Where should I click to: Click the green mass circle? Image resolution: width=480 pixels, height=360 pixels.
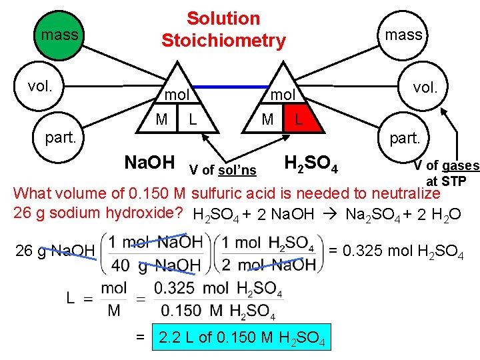[59, 34]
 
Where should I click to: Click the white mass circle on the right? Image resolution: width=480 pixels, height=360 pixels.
[403, 35]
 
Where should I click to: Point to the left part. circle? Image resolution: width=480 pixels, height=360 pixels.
[61, 138]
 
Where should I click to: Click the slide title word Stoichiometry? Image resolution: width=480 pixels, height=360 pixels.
[223, 41]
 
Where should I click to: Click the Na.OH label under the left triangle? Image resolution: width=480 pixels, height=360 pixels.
[150, 162]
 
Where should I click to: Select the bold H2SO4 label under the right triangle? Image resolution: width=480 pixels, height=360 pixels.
[311, 163]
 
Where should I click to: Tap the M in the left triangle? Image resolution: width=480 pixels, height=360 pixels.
[161, 120]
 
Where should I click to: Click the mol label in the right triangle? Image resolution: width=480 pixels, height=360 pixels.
[282, 95]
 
